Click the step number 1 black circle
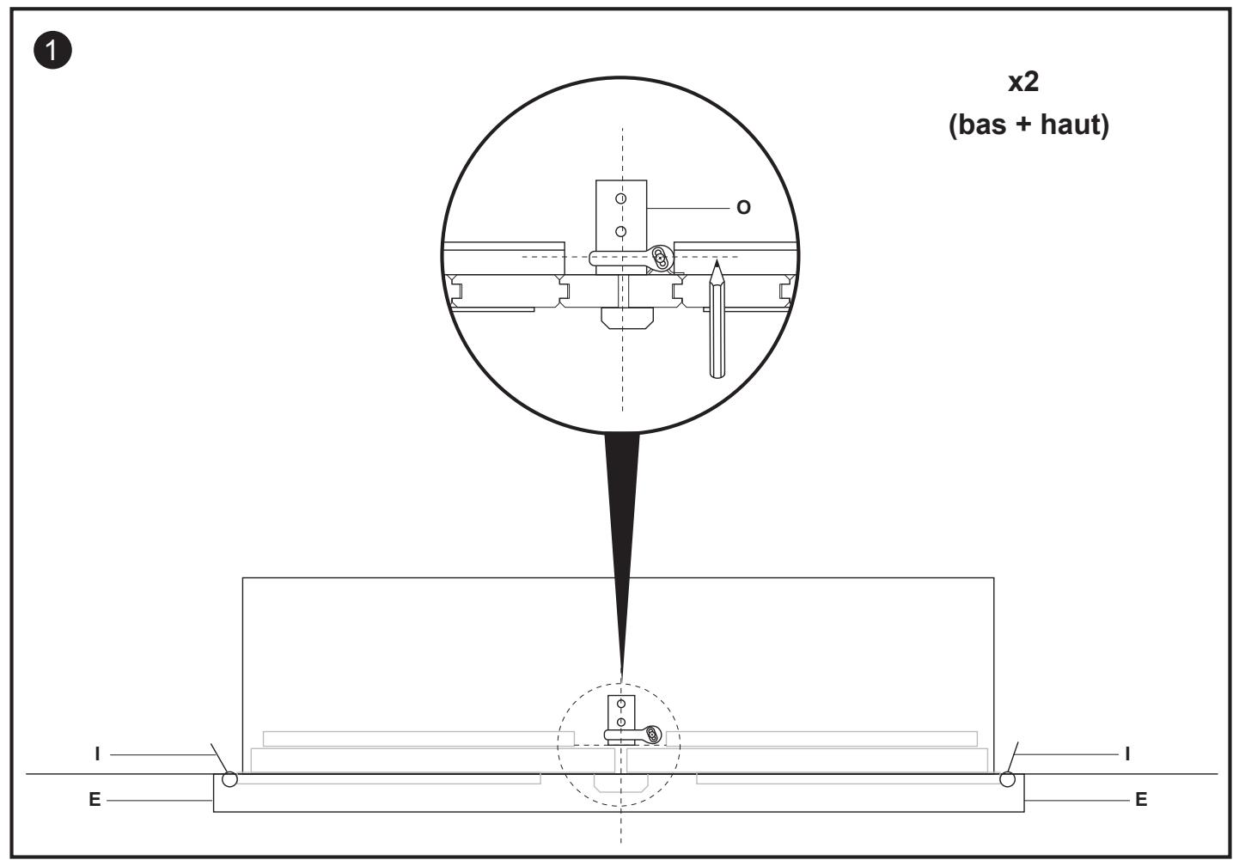52,50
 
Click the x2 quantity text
1023,82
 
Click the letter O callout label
743,207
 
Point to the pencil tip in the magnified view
716,261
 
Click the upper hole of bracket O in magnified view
621,198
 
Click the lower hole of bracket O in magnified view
621,232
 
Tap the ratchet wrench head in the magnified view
660,258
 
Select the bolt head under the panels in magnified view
627,319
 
